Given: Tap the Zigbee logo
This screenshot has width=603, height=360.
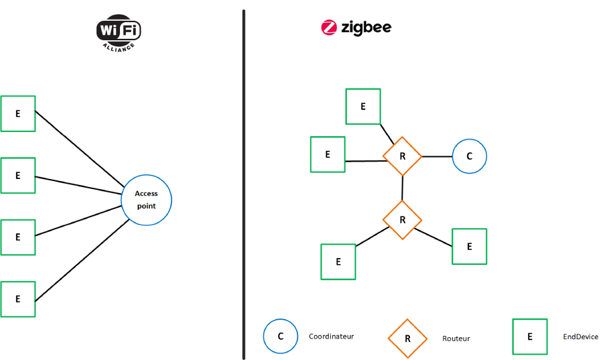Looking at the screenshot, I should tap(356, 27).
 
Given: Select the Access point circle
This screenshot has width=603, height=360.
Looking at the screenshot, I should tap(146, 199).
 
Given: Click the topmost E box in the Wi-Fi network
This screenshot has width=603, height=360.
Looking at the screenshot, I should tap(17, 113).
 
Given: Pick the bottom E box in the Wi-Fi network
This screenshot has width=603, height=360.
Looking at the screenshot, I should tap(17, 299).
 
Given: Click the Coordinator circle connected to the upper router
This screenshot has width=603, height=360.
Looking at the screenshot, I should tap(469, 156).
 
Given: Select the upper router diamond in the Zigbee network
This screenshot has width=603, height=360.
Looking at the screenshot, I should tap(402, 156).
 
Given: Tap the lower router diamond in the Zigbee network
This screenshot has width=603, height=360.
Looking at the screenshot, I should tap(402, 220).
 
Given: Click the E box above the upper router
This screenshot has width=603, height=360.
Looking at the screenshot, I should tap(363, 106).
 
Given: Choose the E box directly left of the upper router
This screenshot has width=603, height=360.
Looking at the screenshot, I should tap(328, 154).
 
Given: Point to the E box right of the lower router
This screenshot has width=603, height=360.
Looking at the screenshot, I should tap(469, 246).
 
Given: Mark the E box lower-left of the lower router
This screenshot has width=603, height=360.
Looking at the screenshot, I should tap(338, 261).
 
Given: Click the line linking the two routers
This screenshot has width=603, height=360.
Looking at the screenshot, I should tap(402, 188).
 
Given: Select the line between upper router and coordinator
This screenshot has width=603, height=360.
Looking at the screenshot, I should tap(437, 156).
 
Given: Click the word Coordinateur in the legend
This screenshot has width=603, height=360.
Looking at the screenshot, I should tap(331, 337).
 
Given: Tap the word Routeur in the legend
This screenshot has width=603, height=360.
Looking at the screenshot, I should tap(456, 339).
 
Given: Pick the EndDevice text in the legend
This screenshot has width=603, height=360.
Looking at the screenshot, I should tap(581, 337).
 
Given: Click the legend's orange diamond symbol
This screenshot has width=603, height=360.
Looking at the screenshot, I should tap(407, 337).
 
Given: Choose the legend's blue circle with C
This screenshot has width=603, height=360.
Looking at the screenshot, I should tap(281, 336).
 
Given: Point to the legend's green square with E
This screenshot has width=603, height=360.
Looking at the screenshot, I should tap(530, 337).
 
